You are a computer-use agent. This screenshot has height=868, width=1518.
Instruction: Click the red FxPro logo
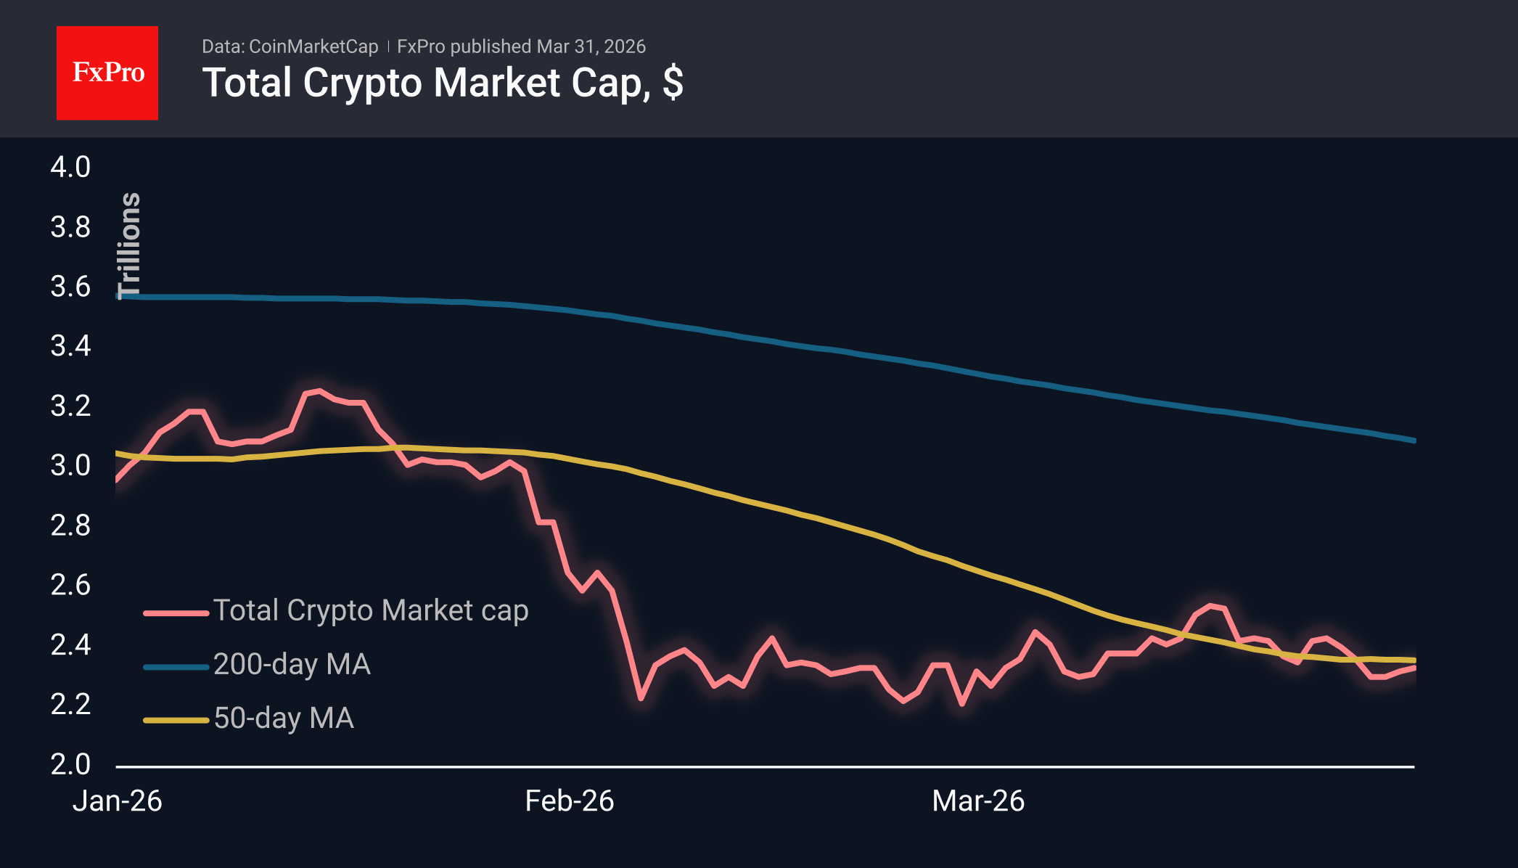107,73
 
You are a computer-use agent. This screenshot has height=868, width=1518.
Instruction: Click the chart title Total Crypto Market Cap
442,83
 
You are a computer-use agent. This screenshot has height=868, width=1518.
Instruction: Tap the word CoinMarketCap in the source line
313,46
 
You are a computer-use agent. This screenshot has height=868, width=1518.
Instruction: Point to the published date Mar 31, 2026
591,46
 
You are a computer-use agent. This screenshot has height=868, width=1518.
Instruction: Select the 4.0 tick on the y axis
70,167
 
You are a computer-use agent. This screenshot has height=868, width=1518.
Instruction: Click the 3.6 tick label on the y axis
70,287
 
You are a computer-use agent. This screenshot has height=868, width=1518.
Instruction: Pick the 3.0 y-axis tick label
70,465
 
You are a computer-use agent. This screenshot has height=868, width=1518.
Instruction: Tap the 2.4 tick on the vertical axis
70,644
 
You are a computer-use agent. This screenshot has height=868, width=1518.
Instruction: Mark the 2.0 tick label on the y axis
70,763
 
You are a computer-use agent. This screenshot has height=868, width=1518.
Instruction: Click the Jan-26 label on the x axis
118,801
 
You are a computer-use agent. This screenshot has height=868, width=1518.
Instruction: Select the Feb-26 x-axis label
570,801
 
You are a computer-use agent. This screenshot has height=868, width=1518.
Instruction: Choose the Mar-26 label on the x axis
978,801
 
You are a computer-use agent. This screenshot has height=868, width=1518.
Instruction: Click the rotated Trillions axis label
129,245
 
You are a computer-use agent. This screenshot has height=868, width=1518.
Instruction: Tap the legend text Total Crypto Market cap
370,610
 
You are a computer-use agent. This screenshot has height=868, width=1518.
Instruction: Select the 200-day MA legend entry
292,664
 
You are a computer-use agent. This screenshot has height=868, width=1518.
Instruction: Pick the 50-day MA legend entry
284,718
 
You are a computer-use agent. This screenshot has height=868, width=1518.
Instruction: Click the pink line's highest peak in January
320,391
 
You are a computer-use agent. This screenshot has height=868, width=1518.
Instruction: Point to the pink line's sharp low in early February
641,698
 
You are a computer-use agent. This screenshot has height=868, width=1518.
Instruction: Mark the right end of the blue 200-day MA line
1414,440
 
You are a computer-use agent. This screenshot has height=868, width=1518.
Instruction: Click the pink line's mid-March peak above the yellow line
1210,605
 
